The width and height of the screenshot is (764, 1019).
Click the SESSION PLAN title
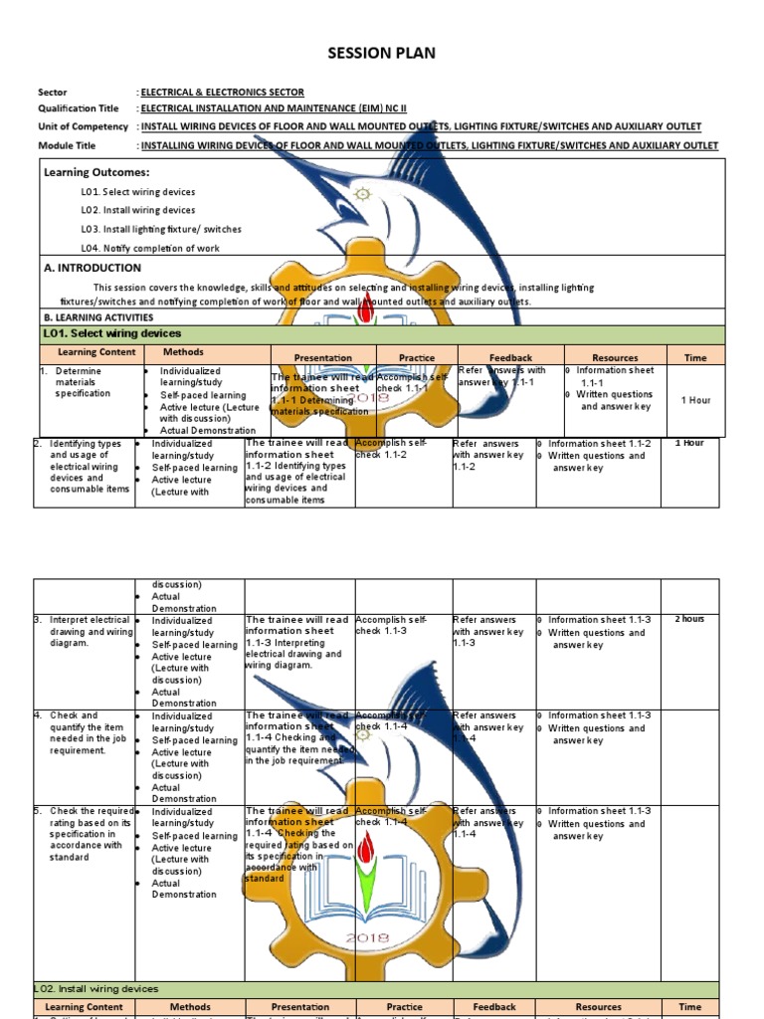[382, 53]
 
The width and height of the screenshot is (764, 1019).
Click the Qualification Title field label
[79, 108]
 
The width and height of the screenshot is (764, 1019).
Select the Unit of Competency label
[84, 126]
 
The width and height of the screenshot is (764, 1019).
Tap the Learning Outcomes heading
[96, 172]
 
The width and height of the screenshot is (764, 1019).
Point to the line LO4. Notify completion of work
[150, 248]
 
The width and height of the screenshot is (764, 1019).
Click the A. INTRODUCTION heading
[93, 268]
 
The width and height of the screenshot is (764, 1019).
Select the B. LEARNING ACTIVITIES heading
[97, 317]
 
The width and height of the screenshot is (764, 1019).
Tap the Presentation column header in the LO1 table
[322, 357]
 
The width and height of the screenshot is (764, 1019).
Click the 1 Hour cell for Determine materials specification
[695, 400]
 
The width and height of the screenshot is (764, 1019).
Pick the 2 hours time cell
[689, 619]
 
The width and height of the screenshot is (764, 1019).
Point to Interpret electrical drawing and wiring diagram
[90, 631]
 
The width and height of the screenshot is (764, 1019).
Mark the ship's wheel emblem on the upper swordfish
[363, 194]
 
